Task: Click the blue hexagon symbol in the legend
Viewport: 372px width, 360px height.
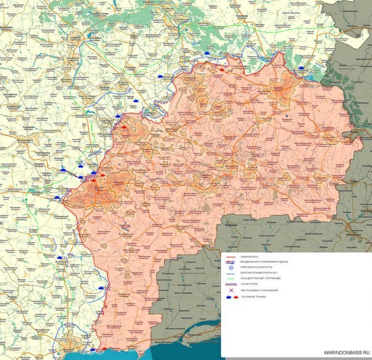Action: coord(230,268)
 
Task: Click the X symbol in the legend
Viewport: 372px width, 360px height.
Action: coord(230,290)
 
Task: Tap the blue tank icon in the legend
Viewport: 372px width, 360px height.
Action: coord(228,297)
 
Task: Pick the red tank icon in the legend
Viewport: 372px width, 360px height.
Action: coord(235,297)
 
